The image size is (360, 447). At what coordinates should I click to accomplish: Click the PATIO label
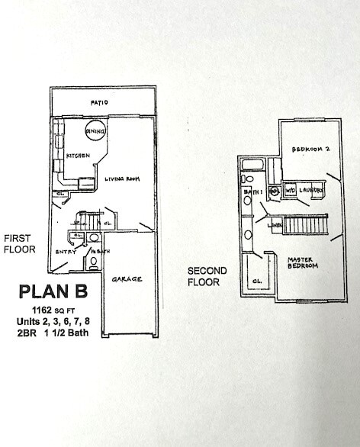point(98,101)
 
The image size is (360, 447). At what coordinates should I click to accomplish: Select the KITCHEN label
point(79,156)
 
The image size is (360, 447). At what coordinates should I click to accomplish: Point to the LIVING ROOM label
point(121,179)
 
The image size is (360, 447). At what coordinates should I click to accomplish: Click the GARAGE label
point(127,279)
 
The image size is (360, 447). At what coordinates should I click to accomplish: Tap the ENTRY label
point(65,251)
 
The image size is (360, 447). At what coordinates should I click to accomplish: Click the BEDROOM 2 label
point(310,150)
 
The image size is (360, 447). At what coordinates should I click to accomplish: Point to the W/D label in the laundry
point(291,190)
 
